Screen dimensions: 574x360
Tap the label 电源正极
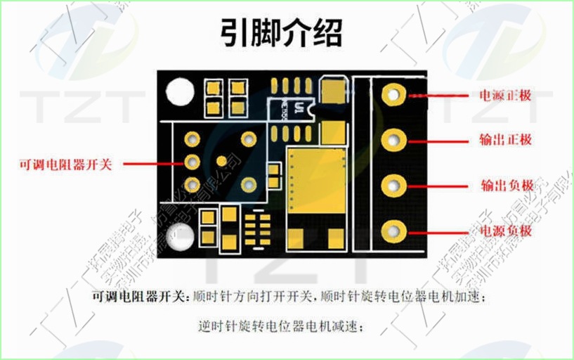[x=505, y=96]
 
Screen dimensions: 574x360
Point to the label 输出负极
[x=507, y=186]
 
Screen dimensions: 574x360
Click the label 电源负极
[x=505, y=231]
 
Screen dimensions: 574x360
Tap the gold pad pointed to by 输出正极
[x=394, y=139]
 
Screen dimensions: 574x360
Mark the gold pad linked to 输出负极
[x=394, y=186]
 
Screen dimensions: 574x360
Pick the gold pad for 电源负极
[x=394, y=231]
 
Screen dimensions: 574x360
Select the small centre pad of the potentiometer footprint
[x=222, y=162]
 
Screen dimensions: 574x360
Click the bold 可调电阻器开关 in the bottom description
[x=140, y=296]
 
